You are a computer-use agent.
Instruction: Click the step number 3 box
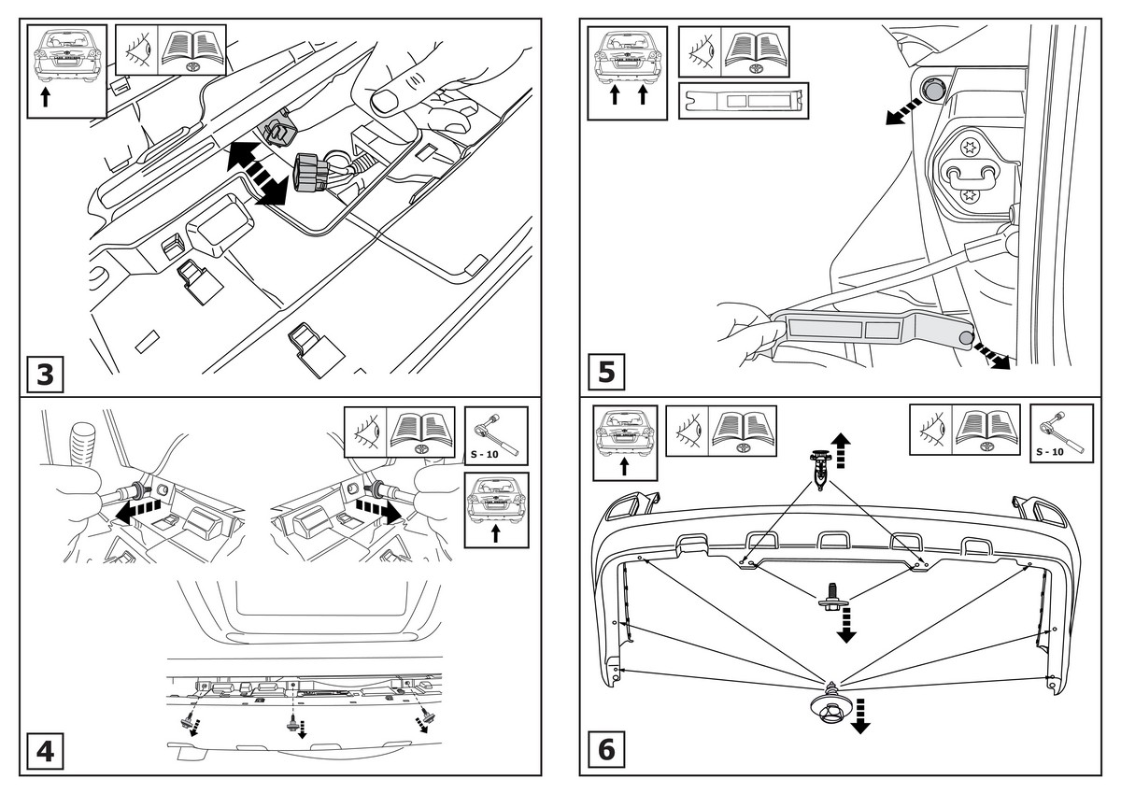click(x=45, y=375)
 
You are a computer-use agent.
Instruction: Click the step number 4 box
click(x=45, y=752)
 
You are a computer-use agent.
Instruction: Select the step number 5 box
click(x=606, y=373)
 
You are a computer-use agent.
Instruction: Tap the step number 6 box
click(x=606, y=750)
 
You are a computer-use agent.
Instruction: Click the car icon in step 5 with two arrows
click(x=627, y=73)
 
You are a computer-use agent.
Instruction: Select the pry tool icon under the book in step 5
click(x=743, y=100)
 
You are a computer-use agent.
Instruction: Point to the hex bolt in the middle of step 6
click(x=830, y=596)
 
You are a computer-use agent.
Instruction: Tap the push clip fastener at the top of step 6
click(x=819, y=468)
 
